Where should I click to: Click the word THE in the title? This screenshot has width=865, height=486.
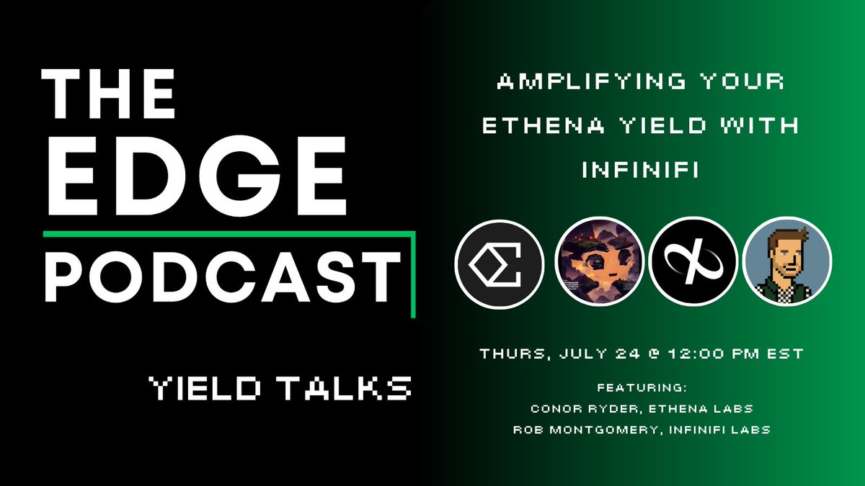tap(108, 94)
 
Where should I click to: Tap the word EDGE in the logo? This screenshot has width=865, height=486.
tap(197, 176)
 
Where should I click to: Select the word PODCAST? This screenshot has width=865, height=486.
tap(223, 276)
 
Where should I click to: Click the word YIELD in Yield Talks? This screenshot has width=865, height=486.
tap(205, 388)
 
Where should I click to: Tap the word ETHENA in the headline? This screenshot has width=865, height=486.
tap(544, 125)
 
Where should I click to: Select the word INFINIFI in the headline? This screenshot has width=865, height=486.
tap(640, 169)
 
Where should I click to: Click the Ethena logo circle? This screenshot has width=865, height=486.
tap(500, 264)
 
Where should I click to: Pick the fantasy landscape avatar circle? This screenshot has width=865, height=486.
tap(599, 261)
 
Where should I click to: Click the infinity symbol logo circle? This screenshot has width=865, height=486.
tap(693, 261)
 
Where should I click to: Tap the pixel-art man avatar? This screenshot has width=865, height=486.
tap(787, 261)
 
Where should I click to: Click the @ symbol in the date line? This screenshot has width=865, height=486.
tap(654, 354)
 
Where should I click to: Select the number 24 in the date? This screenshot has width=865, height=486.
tap(628, 354)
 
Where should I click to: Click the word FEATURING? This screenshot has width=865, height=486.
tap(642, 387)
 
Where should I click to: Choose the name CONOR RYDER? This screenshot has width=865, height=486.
tap(585, 409)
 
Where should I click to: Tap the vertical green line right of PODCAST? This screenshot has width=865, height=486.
tap(413, 274)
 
